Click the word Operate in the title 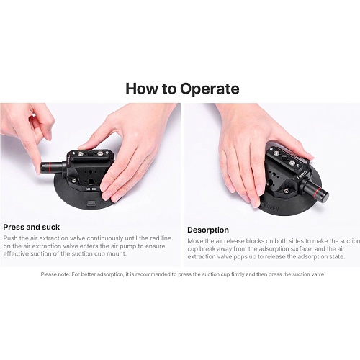coord(210,89)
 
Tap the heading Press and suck coord(32,227)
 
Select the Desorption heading coord(208,230)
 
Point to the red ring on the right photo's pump coord(317,192)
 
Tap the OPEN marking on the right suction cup coord(273,207)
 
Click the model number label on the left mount coord(91,189)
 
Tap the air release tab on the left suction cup coord(91,203)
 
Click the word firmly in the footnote coord(238,274)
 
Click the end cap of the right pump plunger coord(325,195)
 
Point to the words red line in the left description coord(161,238)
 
